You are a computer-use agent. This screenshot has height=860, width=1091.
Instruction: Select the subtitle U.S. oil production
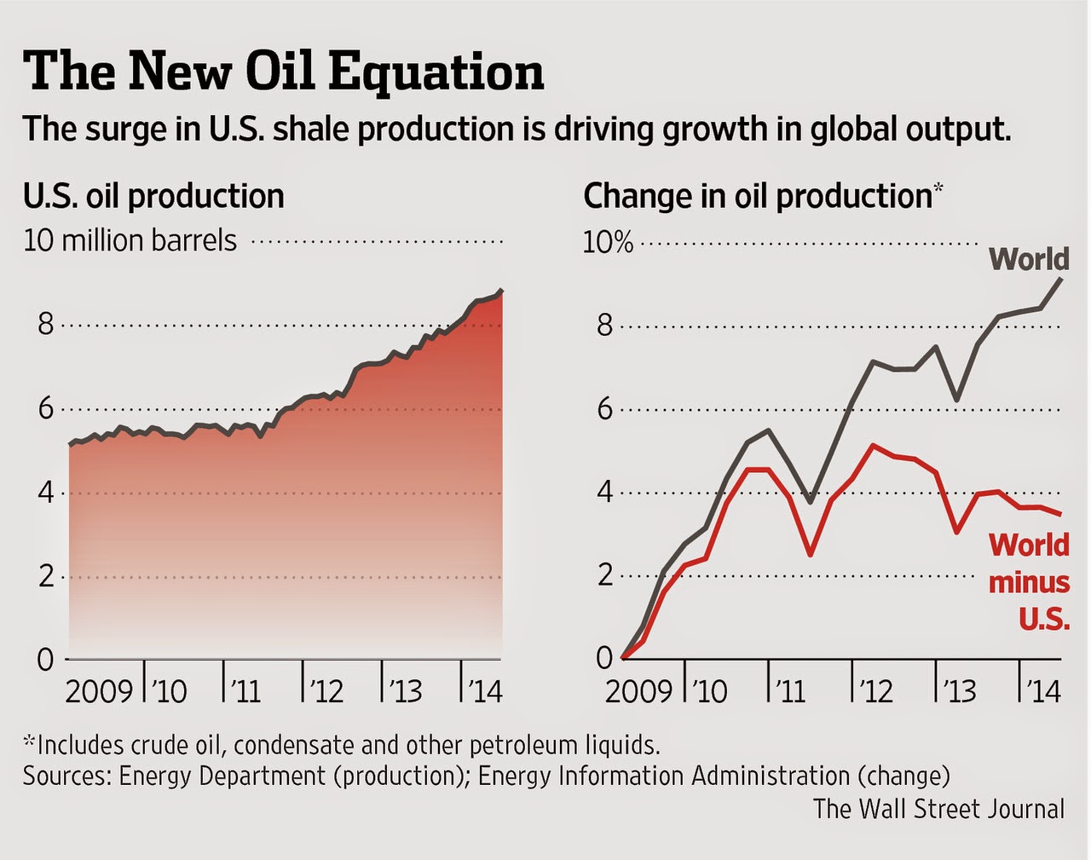pos(153,196)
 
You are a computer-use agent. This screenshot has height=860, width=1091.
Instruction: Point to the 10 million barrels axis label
pos(130,240)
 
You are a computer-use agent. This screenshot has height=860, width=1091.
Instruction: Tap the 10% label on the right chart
pos(608,242)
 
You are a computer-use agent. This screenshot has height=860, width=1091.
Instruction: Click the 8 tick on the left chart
pos(45,325)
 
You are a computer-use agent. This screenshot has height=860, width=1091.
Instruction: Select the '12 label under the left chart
pos(326,690)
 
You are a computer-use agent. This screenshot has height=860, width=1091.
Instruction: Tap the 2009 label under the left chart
pos(99,690)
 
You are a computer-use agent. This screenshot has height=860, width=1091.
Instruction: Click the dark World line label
pos(1029,259)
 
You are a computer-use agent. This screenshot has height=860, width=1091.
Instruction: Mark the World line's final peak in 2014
pos(1060,279)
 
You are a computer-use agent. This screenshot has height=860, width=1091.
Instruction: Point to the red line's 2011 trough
pos(810,554)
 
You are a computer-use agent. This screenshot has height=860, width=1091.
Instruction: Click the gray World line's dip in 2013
pos(957,400)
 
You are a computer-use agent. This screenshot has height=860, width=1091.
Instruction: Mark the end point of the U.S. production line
pos(501,291)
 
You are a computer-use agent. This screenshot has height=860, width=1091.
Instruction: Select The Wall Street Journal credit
pos(938,808)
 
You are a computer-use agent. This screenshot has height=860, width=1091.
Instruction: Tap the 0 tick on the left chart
pos(45,659)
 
